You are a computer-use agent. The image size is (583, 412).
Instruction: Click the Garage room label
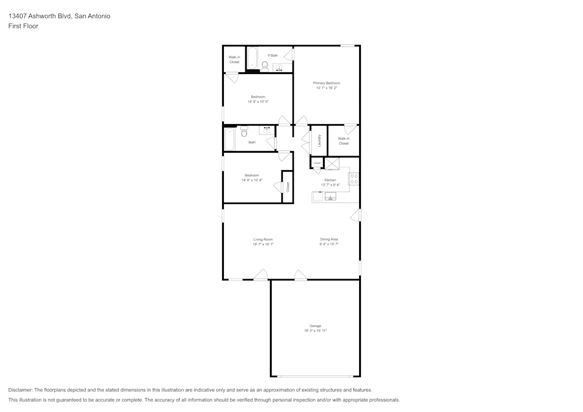click(315, 326)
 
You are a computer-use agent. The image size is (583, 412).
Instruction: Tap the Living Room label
click(263, 239)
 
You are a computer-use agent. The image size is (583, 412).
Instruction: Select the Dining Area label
click(329, 239)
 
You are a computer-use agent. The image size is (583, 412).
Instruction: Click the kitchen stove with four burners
click(353, 179)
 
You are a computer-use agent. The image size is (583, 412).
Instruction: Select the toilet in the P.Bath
click(265, 65)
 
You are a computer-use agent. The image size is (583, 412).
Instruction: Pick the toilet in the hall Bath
click(244, 132)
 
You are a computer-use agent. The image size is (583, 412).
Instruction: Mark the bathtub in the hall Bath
click(230, 139)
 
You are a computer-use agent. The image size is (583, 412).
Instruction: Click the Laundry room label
click(319, 140)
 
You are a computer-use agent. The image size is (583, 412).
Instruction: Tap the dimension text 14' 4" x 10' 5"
click(258, 101)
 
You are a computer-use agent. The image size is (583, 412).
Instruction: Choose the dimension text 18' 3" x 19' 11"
click(315, 330)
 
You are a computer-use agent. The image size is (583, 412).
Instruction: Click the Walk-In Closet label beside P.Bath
click(234, 59)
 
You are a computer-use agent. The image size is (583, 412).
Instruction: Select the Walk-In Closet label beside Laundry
click(343, 140)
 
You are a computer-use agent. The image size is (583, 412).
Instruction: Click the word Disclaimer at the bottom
click(20, 390)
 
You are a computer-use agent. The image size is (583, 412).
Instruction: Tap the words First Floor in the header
click(23, 26)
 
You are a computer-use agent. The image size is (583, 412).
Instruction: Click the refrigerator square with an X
click(332, 164)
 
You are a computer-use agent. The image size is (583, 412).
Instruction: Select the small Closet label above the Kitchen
click(317, 163)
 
